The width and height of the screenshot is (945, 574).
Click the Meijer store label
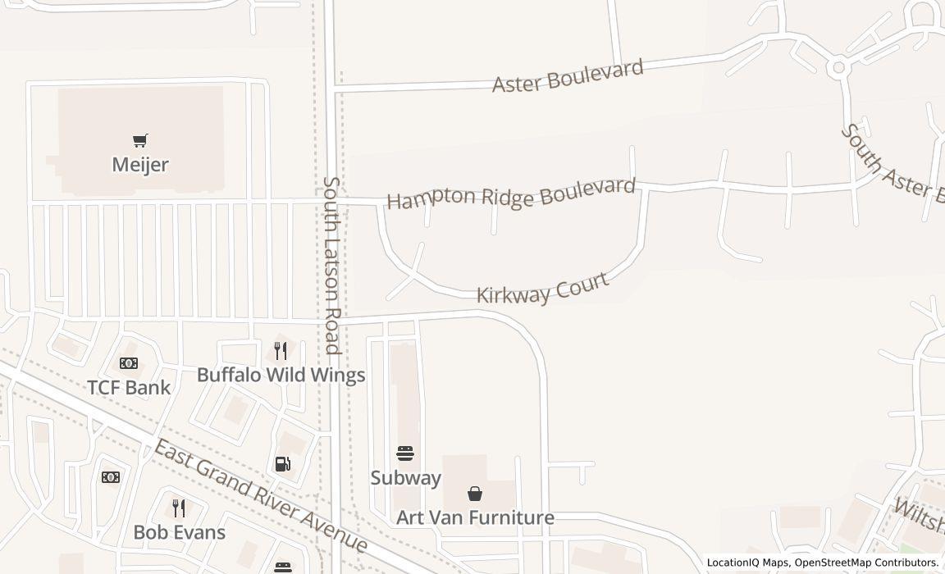tap(140, 165)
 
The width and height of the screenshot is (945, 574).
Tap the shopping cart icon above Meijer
tap(140, 141)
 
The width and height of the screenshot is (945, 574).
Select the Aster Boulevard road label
tap(568, 75)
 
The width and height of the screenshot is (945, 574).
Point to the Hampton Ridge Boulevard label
tap(511, 194)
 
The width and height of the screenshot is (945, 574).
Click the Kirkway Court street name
tap(543, 289)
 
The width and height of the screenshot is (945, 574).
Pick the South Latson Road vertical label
tap(331, 265)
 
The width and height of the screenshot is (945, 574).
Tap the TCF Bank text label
tap(129, 387)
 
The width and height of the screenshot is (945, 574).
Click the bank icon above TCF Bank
tap(129, 363)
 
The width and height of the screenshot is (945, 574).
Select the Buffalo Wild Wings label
tap(281, 375)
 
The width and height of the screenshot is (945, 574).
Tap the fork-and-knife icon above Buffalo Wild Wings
tap(281, 351)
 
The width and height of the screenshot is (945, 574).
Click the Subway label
tap(405, 477)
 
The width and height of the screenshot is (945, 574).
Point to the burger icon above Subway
tap(405, 453)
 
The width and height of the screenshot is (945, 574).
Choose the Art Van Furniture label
tap(475, 517)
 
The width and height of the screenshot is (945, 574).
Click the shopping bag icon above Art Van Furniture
tap(475, 494)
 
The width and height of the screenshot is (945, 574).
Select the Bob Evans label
tap(179, 532)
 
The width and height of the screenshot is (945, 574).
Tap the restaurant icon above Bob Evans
tap(179, 508)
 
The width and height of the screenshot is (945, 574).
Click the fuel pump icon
tap(282, 464)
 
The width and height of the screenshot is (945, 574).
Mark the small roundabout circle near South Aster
tap(837, 68)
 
